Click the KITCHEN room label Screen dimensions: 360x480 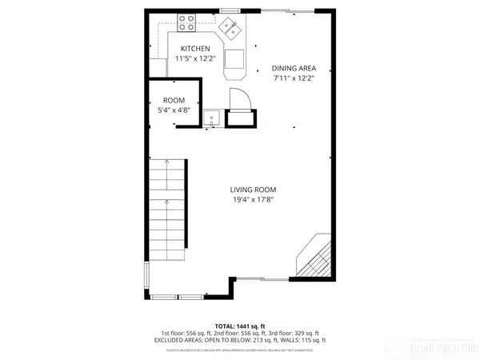tap(194, 48)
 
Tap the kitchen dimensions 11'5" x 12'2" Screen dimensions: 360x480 tap(194, 58)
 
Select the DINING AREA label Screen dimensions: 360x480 tap(293, 68)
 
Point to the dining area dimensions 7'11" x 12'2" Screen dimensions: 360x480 tap(293, 78)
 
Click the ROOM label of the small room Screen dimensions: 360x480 tap(173, 101)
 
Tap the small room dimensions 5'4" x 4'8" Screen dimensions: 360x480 tap(173, 110)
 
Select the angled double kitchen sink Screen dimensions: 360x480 tap(233, 30)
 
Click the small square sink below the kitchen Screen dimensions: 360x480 tap(212, 118)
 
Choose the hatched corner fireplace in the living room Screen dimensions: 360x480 tap(314, 257)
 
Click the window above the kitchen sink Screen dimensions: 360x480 tap(230, 10)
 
